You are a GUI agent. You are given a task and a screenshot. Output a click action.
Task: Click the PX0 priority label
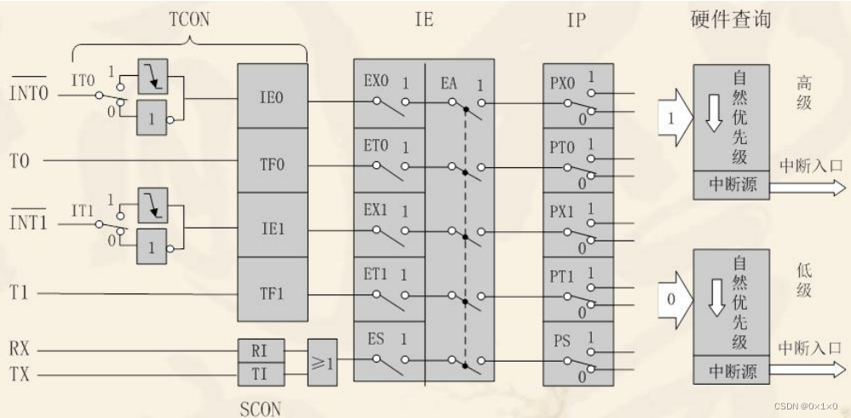point(564,84)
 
